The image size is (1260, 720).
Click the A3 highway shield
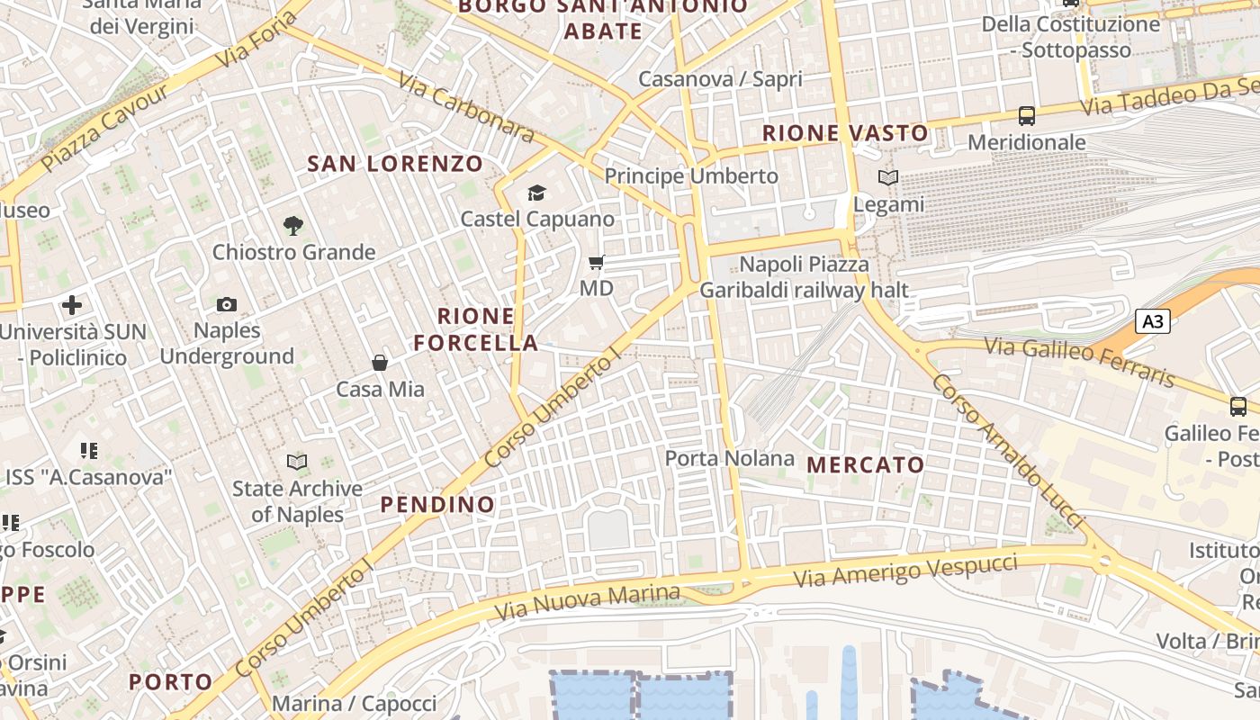tap(1152, 321)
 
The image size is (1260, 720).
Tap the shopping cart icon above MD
tap(596, 263)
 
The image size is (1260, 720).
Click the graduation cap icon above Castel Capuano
tap(537, 193)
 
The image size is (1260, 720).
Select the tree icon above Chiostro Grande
tap(292, 225)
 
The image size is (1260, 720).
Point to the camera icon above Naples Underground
tap(227, 305)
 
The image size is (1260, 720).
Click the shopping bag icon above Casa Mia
tap(380, 363)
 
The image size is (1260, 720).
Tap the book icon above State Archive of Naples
tap(296, 462)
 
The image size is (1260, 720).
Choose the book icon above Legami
tap(888, 178)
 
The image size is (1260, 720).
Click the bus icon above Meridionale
tap(1027, 116)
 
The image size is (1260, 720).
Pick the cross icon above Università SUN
tap(72, 305)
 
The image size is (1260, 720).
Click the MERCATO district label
tap(866, 465)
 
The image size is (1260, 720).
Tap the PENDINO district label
tap(437, 505)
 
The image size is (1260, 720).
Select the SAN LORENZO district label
tap(396, 164)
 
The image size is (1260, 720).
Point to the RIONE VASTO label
tap(845, 133)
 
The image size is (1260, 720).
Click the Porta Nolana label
tap(730, 459)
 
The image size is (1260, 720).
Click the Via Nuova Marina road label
tap(587, 603)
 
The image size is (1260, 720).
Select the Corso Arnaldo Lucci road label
tap(1005, 450)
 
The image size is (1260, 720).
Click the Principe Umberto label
tap(691, 176)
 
